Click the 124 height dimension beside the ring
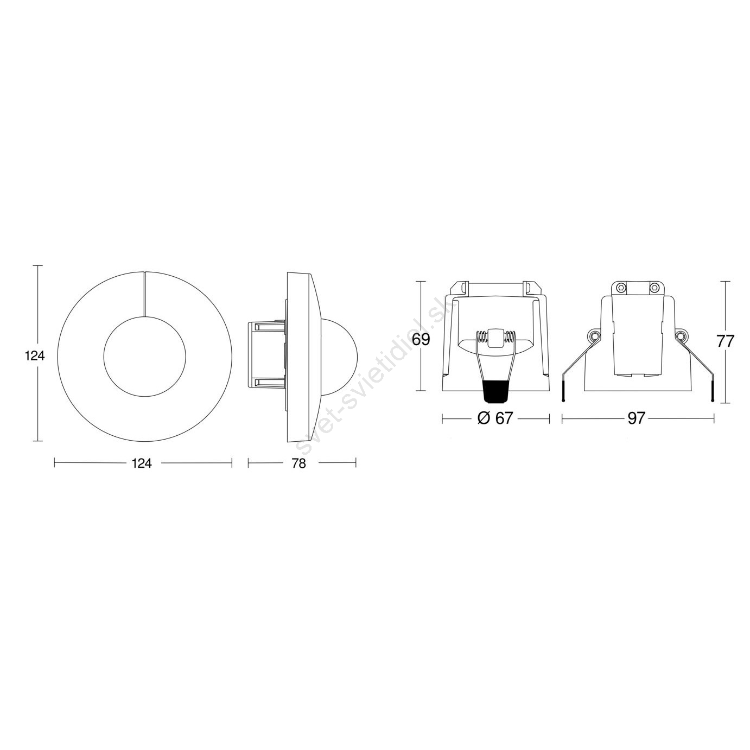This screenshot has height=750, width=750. coord(35,356)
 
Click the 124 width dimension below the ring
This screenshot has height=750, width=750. coord(142,463)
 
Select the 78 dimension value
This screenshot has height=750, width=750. coord(298,463)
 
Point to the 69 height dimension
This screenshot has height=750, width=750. coord(421,339)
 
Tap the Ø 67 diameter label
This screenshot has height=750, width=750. coord(495,418)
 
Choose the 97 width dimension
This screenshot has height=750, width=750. coord(637,418)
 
